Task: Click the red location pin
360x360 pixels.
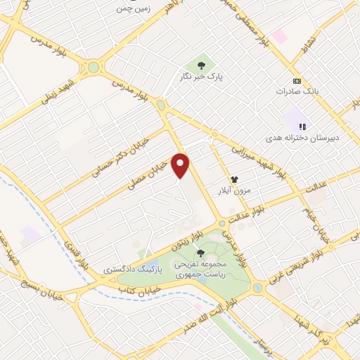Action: [x=181, y=165]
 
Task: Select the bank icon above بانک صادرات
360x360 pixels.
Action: [x=296, y=79]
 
